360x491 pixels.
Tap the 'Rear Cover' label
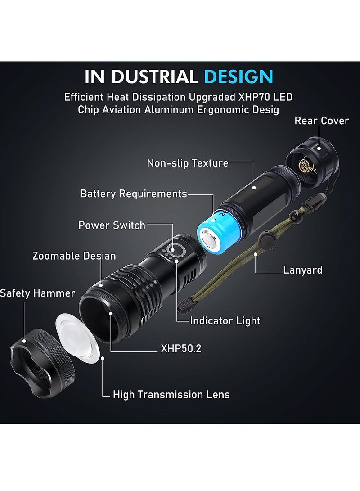coord(321,121)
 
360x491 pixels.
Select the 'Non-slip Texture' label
coord(188,163)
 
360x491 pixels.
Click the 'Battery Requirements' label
coord(133,194)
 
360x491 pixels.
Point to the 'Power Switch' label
coord(112,225)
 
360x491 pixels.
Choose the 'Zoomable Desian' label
coord(74,256)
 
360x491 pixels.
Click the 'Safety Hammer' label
coord(37,293)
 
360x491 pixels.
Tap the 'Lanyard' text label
coord(302,270)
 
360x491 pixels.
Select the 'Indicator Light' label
coord(225,321)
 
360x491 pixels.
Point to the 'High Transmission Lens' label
coord(171,395)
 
